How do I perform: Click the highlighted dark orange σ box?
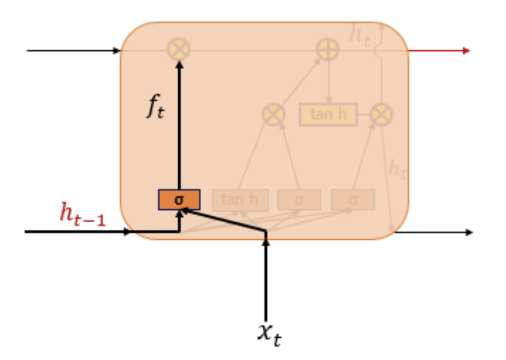[179, 200]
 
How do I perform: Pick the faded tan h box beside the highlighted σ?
[240, 200]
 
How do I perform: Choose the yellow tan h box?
[328, 114]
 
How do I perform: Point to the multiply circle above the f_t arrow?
[179, 50]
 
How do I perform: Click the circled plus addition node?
[328, 50]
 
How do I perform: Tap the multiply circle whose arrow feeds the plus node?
[273, 114]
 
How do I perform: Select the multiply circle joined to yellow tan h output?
[382, 114]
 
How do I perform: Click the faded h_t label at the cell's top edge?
[360, 35]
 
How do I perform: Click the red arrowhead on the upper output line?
[467, 51]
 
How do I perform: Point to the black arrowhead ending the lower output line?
[469, 232]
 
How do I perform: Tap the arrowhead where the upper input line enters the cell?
[117, 51]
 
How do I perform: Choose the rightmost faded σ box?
[353, 200]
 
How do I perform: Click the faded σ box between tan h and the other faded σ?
[299, 200]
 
